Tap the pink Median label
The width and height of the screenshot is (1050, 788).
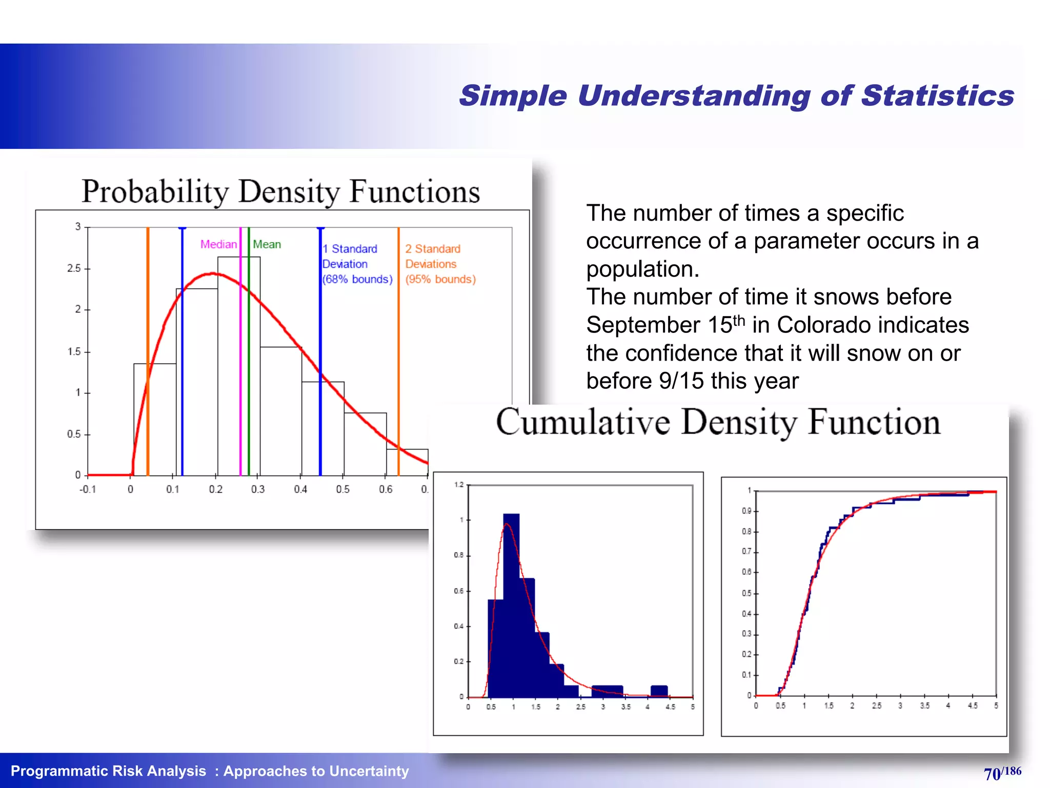pos(218,244)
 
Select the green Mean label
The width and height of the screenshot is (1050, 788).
pos(267,244)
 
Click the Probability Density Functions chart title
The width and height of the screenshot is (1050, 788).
pos(280,192)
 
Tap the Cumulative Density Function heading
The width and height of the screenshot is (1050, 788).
pos(718,422)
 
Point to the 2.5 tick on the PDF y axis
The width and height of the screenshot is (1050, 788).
pos(74,268)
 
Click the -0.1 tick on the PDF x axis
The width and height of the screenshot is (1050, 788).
pos(88,489)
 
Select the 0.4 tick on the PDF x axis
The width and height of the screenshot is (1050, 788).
pos(300,489)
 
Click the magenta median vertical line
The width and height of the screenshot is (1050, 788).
pos(240,359)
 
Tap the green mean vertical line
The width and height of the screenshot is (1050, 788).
pos(249,359)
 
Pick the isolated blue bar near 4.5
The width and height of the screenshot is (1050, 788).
pos(659,691)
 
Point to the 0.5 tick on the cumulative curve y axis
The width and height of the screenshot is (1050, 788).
pos(747,593)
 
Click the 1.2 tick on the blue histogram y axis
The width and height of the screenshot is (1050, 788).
pos(459,485)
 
